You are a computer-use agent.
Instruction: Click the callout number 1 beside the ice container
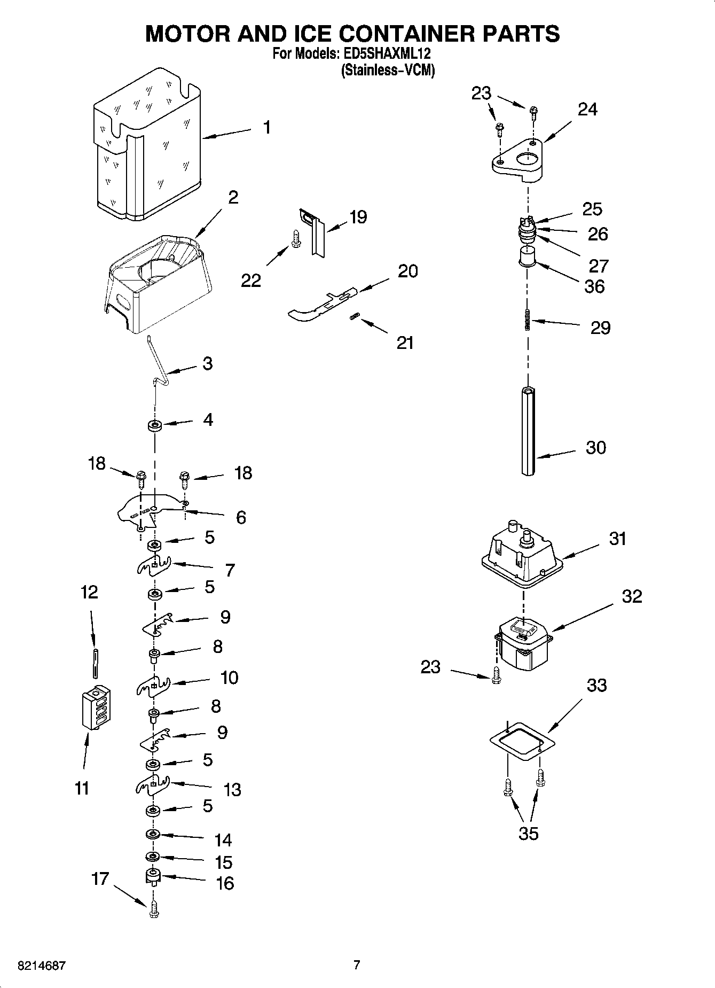[266, 127]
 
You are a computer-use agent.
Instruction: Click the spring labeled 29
[528, 321]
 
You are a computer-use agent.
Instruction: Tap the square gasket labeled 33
[522, 740]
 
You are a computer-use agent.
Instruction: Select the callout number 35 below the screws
[528, 834]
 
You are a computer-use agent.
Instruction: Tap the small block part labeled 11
[96, 707]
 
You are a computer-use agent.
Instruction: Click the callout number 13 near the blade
[232, 790]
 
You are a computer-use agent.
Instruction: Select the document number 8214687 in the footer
[42, 966]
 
